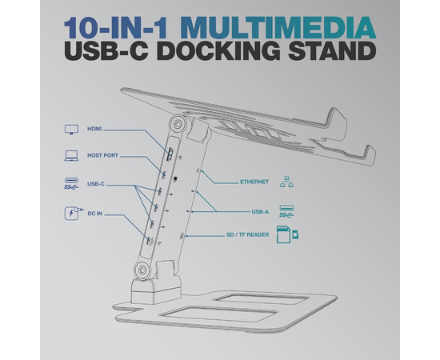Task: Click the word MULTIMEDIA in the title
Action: click(x=279, y=28)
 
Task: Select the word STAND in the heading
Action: click(x=332, y=50)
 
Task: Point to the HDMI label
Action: click(x=94, y=129)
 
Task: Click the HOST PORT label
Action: click(x=102, y=155)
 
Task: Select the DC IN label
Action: click(x=95, y=214)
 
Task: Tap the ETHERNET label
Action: click(x=254, y=182)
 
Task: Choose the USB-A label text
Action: click(x=260, y=212)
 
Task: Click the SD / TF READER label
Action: click(x=247, y=235)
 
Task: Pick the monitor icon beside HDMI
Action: click(x=71, y=130)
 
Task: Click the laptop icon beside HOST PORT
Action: click(x=71, y=156)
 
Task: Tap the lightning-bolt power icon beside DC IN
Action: click(x=71, y=214)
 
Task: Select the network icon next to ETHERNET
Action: click(x=286, y=182)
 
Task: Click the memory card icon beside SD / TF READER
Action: click(x=287, y=234)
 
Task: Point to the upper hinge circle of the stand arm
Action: click(x=178, y=123)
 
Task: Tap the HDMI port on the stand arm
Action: click(x=170, y=154)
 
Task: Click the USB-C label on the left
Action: click(x=96, y=184)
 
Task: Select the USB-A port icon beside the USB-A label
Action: click(x=286, y=211)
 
